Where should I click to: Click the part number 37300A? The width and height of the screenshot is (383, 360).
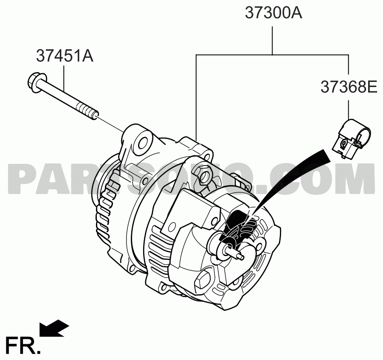(273, 13)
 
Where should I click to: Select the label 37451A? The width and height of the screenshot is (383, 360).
(65, 56)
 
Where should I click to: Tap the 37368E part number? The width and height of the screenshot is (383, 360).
(349, 87)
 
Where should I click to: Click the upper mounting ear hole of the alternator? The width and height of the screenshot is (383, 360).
(143, 142)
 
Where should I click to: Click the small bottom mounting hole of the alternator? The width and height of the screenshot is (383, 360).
(132, 268)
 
